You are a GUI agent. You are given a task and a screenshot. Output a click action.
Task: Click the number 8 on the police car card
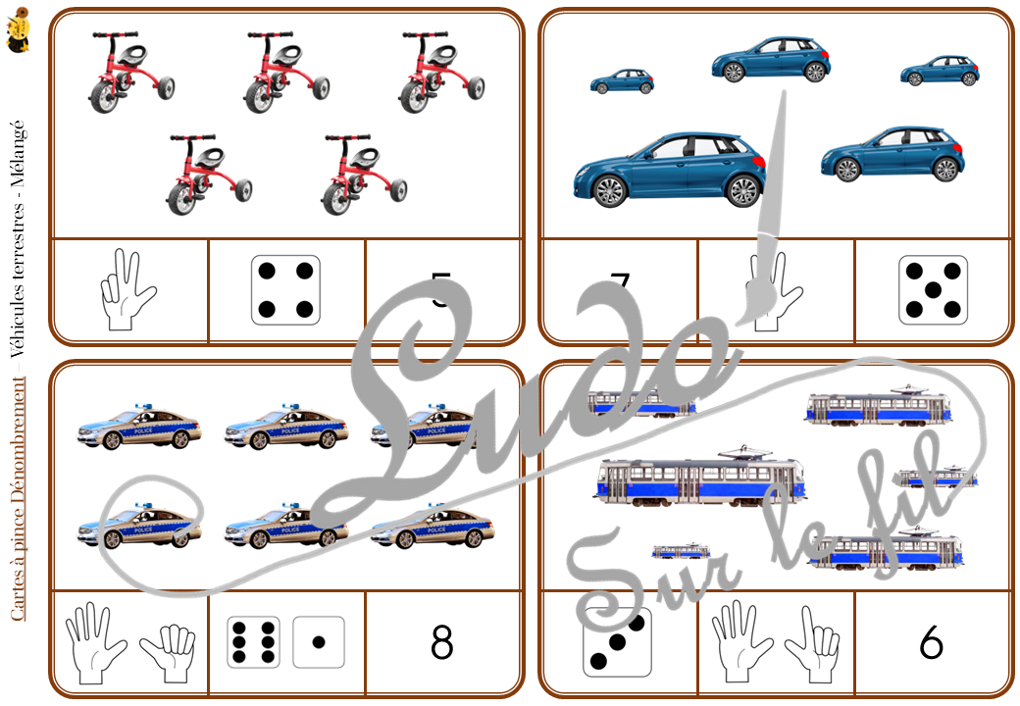pyautogui.click(x=441, y=642)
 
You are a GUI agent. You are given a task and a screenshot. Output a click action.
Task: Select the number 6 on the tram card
pyautogui.click(x=931, y=642)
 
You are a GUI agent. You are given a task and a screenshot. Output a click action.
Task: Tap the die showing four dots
pyautogui.click(x=285, y=290)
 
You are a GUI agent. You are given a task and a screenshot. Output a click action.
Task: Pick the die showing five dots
pyautogui.click(x=933, y=290)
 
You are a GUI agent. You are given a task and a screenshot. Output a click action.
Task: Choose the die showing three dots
pyautogui.click(x=617, y=643)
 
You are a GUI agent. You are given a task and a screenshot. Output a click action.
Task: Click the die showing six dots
pyautogui.click(x=253, y=642)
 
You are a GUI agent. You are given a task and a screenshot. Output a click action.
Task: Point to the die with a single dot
pyautogui.click(x=319, y=642)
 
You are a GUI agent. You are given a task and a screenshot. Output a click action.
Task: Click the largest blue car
pyautogui.click(x=669, y=168)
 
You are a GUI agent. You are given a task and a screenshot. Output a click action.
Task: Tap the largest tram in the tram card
pyautogui.click(x=698, y=480)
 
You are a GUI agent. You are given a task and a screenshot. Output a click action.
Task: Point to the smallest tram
pyautogui.click(x=682, y=551)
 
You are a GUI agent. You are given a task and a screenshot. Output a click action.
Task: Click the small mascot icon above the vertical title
pyautogui.click(x=18, y=31)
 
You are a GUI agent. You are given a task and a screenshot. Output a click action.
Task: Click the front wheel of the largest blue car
pyautogui.click(x=609, y=190)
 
